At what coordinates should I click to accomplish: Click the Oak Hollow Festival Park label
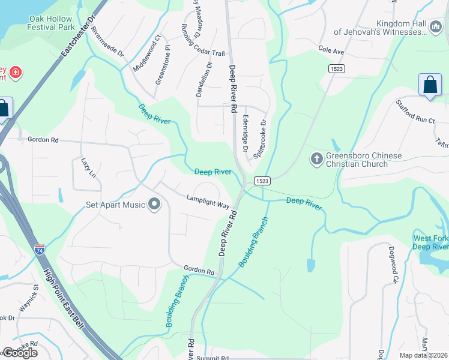coord(51,23)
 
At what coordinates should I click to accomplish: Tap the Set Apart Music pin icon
coord(154,205)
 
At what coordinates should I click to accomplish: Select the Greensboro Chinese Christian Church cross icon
coord(316,160)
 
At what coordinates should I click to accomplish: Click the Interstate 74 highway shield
coord(40,249)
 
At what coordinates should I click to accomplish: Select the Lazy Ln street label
coord(88,168)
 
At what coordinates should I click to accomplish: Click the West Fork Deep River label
coord(430,242)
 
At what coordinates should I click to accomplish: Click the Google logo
coord(20,353)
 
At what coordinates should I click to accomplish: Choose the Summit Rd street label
coord(216,358)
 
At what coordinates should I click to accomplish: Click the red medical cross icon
coord(15,74)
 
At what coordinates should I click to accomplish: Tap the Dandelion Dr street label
coord(204,79)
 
